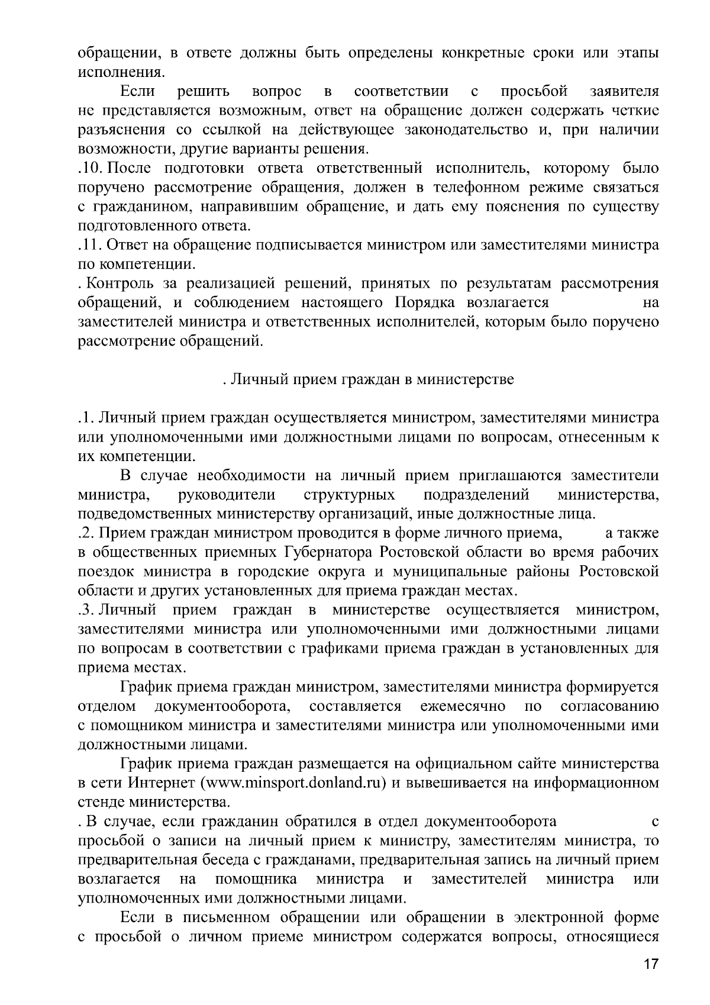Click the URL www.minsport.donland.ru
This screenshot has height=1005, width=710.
point(294,783)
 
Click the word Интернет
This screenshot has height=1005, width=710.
point(162,783)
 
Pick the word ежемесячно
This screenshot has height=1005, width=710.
point(463,706)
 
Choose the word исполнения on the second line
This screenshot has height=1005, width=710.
point(120,73)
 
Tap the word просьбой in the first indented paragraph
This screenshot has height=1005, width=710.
point(534,92)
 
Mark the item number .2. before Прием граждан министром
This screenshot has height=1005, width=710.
point(86,533)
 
